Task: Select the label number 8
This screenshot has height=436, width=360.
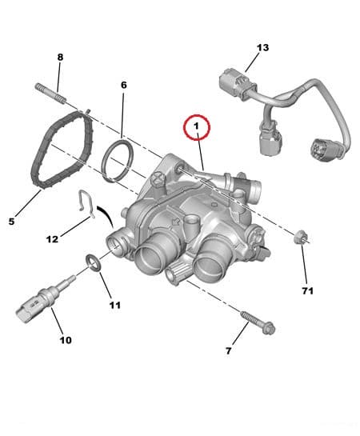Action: [59, 57]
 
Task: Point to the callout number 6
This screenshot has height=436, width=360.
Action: [123, 84]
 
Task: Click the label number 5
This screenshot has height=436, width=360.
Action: [10, 221]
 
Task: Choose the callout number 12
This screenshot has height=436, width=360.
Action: [52, 239]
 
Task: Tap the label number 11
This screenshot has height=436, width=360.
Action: [114, 305]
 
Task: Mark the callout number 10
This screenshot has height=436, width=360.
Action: [65, 340]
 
